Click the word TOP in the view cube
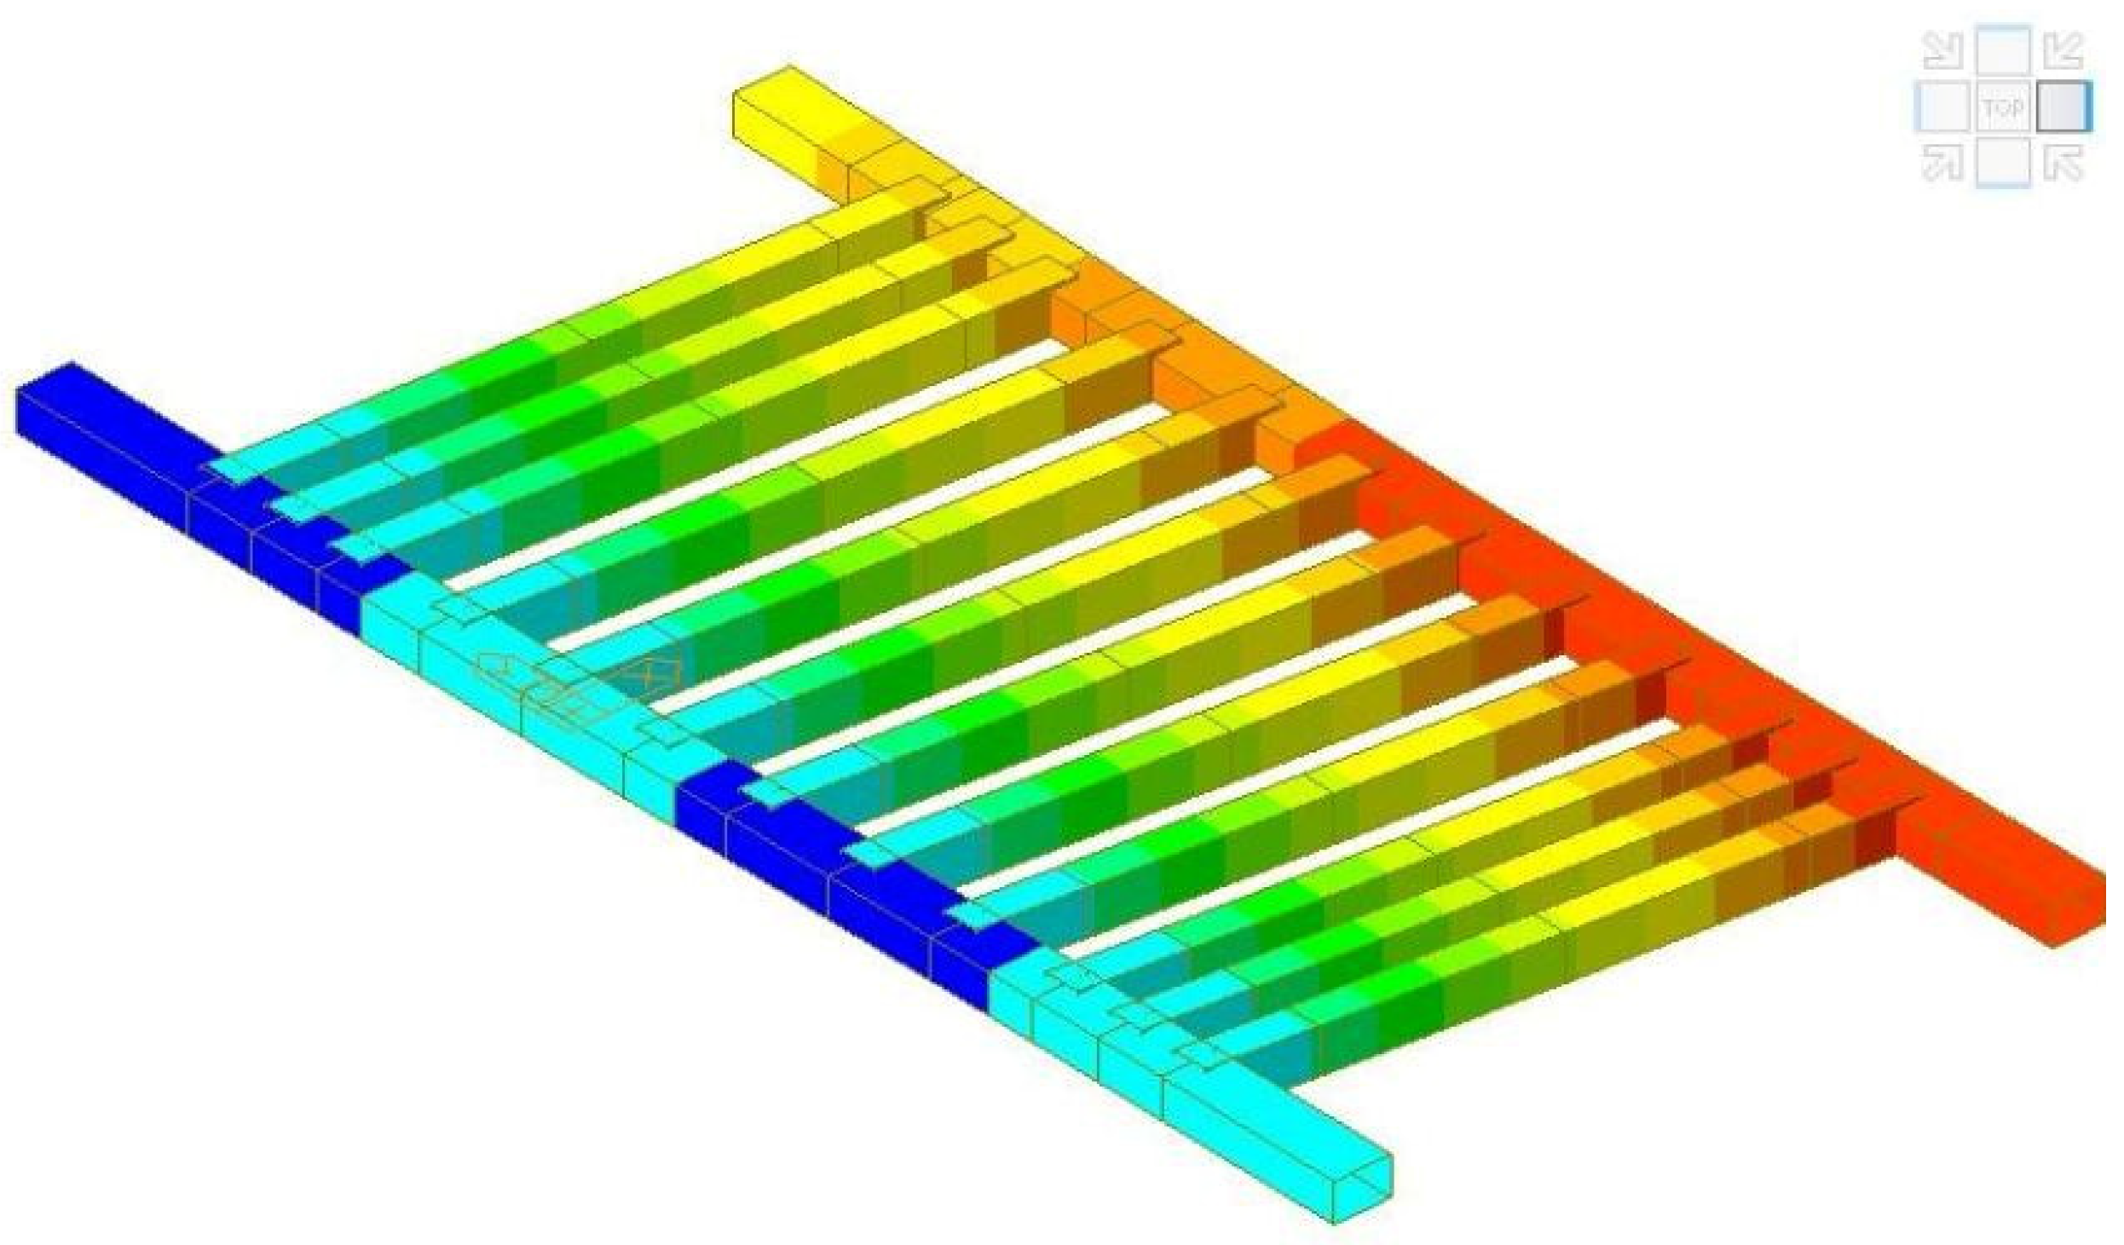[x=2003, y=108]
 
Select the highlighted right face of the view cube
[x=2064, y=107]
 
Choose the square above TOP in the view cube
[x=2003, y=53]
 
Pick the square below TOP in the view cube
[x=2003, y=162]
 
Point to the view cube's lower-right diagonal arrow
[x=2063, y=162]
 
